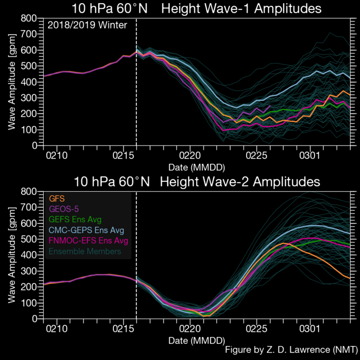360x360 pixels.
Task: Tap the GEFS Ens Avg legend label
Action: pos(74,220)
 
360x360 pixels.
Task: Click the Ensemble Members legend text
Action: pos(84,251)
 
